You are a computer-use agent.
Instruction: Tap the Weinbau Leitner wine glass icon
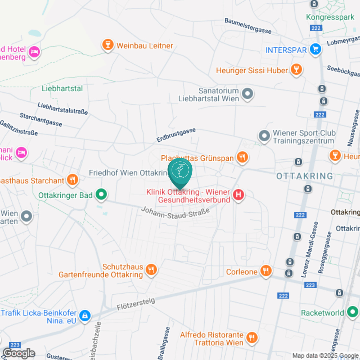point(108,45)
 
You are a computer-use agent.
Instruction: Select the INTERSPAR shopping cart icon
point(316,49)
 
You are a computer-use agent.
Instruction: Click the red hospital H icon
point(238,195)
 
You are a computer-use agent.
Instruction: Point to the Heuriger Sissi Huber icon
point(296,70)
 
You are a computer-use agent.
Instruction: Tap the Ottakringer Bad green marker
point(101,194)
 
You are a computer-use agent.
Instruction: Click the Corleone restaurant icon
point(266,271)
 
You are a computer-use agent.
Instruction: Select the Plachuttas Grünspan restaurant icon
point(242,157)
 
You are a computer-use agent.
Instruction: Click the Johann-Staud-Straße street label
point(175,213)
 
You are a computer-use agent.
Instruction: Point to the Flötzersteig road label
point(136,304)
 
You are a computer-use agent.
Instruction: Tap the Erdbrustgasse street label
point(176,135)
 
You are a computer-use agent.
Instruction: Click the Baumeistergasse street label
point(248,26)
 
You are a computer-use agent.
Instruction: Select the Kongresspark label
point(330,17)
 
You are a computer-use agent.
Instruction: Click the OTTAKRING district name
point(304,176)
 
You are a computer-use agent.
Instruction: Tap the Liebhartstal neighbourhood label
point(62,88)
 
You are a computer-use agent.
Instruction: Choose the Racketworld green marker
point(352,312)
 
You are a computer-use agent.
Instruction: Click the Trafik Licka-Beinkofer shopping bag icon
point(85,316)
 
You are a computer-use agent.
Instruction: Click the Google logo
point(19,353)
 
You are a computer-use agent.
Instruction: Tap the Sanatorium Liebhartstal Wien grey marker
point(247,94)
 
